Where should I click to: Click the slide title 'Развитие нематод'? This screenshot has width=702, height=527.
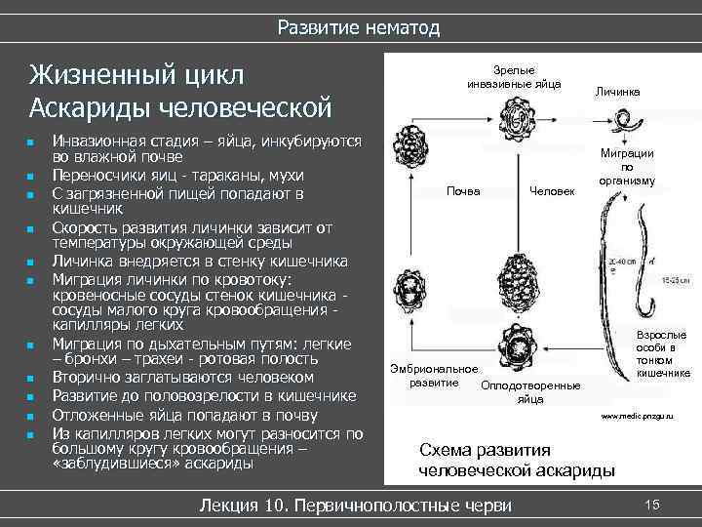359,27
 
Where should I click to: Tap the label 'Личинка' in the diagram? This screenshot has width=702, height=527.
617,91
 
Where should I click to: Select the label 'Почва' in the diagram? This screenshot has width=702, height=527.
463,190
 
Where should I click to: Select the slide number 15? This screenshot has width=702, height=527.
652,504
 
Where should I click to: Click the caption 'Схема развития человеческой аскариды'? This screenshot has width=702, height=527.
516,460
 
